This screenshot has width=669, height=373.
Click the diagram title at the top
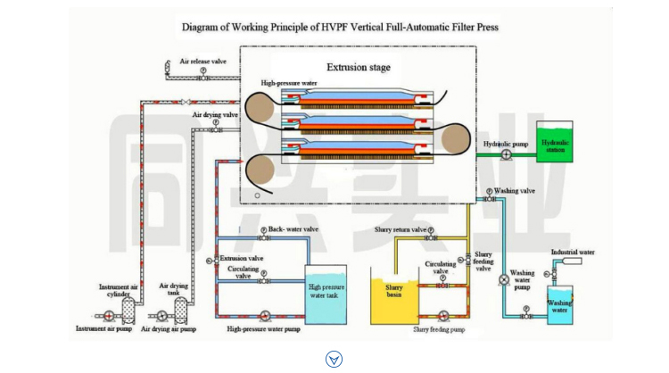pyautogui.click(x=340, y=27)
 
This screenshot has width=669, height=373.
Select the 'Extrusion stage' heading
pyautogui.click(x=358, y=67)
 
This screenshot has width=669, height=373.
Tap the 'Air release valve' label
pyautogui.click(x=202, y=62)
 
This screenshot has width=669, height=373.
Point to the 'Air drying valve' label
pyautogui.click(x=215, y=115)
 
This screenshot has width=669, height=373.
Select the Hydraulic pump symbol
pyautogui.click(x=506, y=154)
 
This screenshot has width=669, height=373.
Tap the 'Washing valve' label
pyautogui.click(x=515, y=191)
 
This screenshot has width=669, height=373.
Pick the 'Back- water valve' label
pyautogui.click(x=293, y=229)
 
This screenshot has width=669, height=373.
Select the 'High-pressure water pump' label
pyautogui.click(x=263, y=329)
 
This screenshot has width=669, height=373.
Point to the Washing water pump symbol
pyautogui.click(x=503, y=279)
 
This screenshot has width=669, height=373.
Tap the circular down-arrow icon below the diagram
pyautogui.click(x=334, y=359)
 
